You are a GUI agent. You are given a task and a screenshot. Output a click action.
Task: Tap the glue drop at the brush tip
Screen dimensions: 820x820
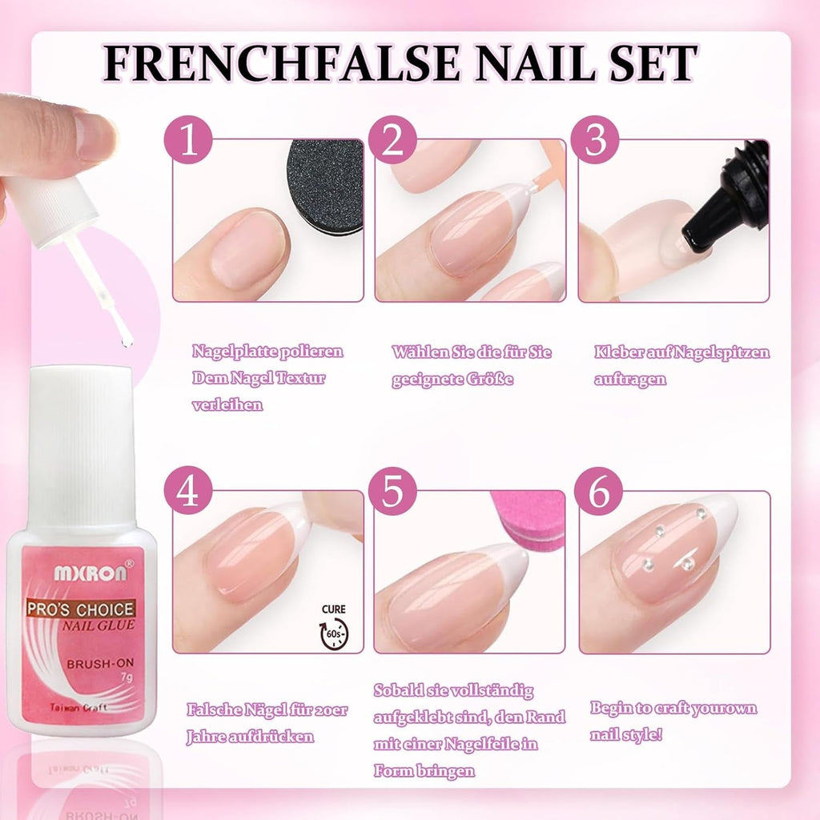click(127, 343)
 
